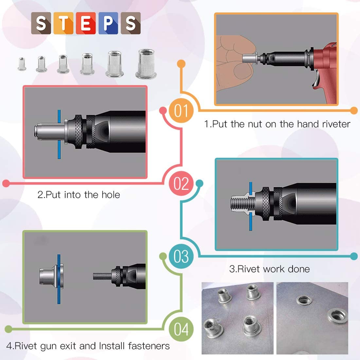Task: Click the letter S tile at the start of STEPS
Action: point(41,23)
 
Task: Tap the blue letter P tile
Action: point(108,23)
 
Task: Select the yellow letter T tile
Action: point(63,23)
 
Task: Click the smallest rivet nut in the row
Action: point(21,63)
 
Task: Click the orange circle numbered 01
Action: point(180,110)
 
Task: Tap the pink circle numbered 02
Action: point(180,184)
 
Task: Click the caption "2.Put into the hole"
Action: point(78,195)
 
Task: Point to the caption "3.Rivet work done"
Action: point(269,269)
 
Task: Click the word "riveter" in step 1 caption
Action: point(333,124)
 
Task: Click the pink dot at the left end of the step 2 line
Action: point(6,183)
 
